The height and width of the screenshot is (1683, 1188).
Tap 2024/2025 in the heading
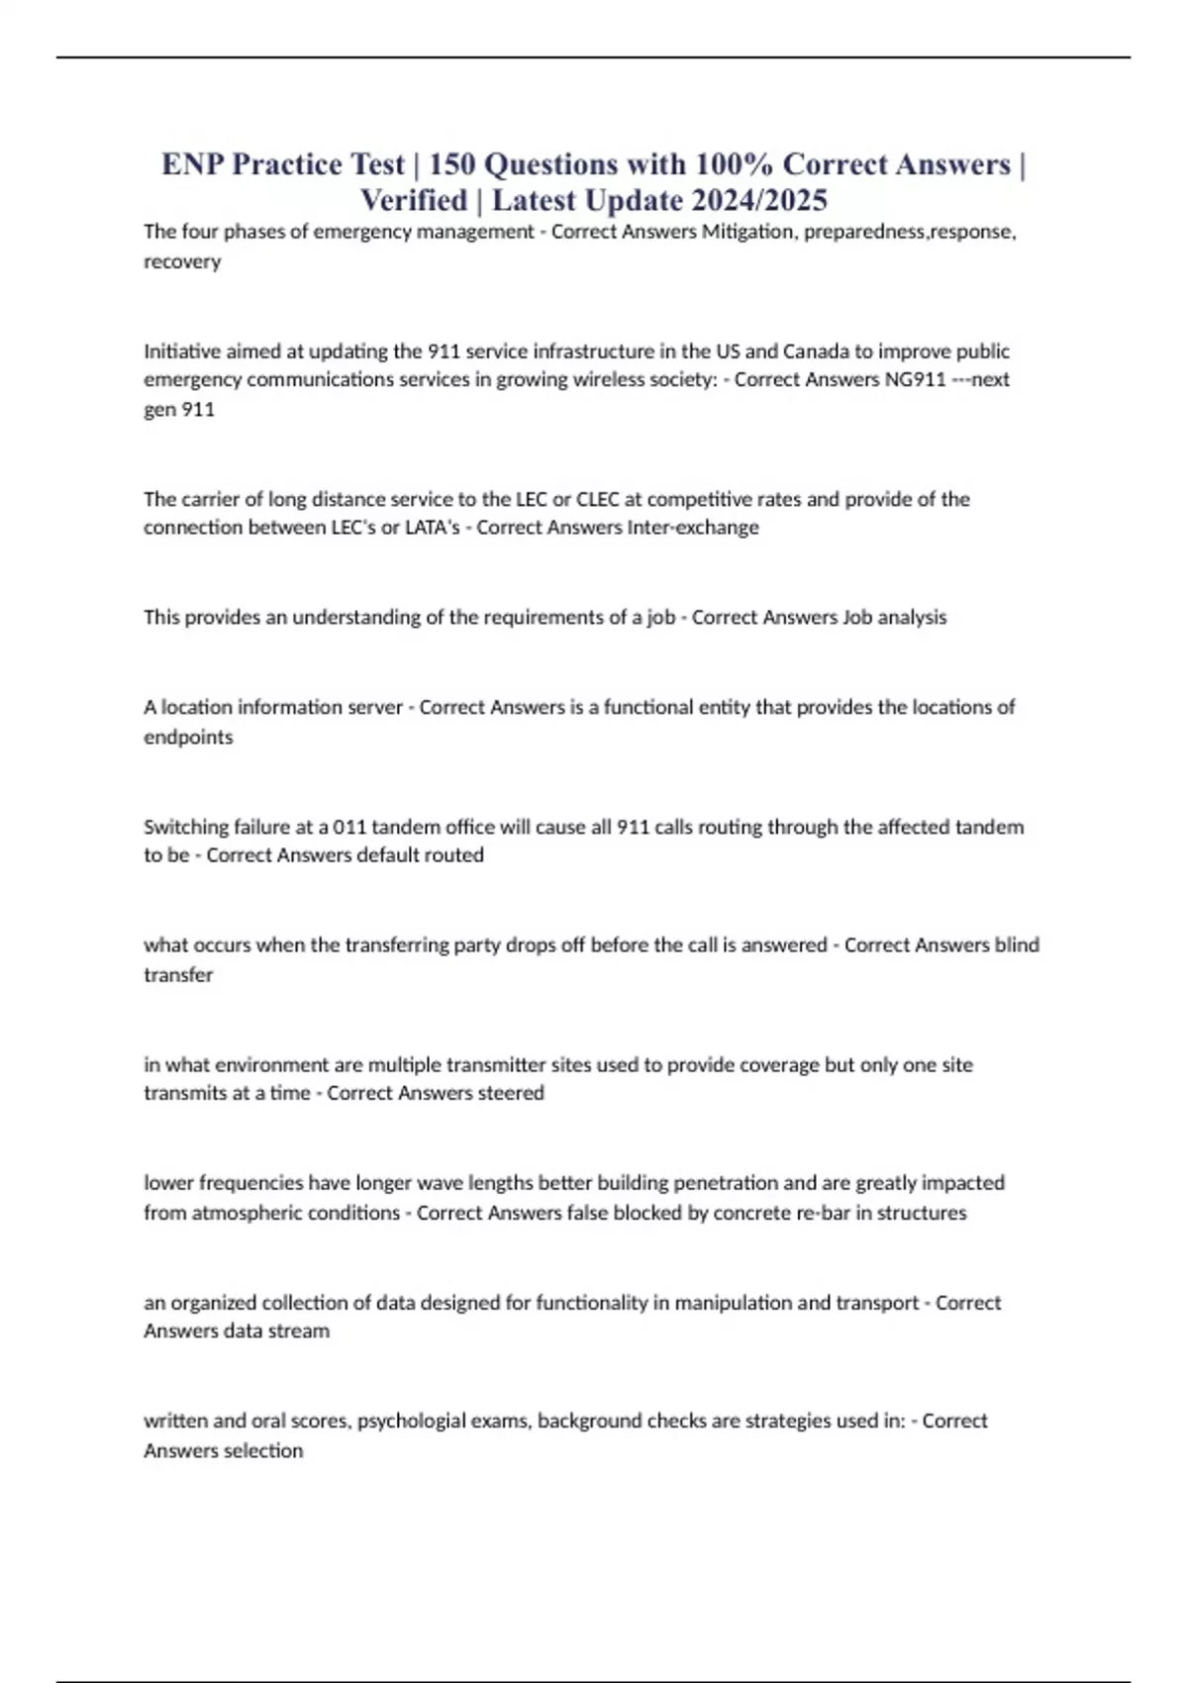click(x=759, y=201)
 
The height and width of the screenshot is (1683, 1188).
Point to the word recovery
click(x=182, y=261)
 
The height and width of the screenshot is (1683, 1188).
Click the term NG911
click(x=915, y=379)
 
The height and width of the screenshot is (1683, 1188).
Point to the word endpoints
click(x=188, y=737)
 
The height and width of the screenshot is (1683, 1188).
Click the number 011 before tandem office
click(x=349, y=827)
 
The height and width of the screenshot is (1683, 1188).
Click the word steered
click(x=511, y=1093)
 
